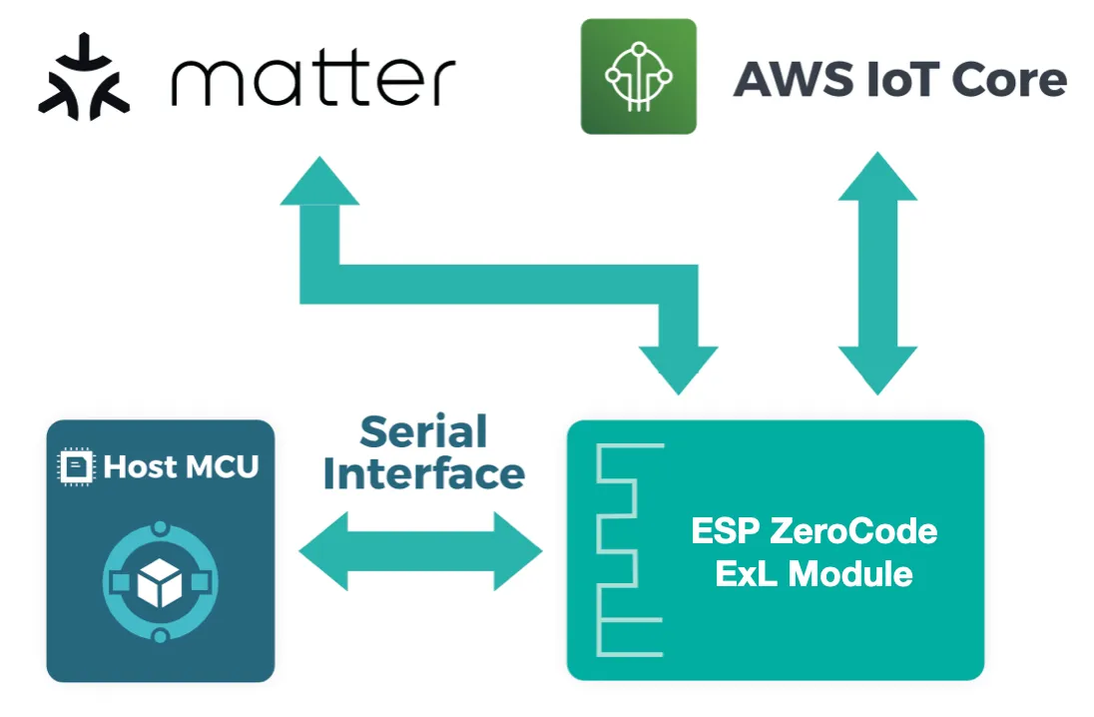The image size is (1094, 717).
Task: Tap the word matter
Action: (312, 80)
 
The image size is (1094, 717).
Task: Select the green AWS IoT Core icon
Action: (638, 76)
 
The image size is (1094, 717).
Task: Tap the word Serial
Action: (423, 431)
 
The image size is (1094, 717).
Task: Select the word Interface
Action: (423, 473)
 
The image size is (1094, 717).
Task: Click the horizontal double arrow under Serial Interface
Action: (420, 550)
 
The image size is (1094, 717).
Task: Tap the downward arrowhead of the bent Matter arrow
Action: (678, 367)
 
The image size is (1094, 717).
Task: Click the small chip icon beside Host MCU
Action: (74, 466)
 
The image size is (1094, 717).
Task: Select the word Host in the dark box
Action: (139, 466)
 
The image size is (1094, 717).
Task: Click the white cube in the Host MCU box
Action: (161, 583)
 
